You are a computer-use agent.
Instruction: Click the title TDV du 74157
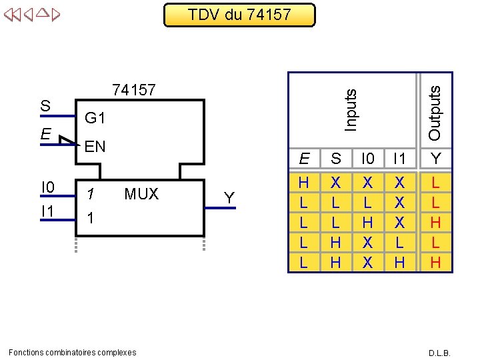(239, 14)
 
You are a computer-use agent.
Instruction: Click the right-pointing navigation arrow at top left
(55, 13)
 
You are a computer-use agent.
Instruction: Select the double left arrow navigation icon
(11, 13)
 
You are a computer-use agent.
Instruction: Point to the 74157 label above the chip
(134, 89)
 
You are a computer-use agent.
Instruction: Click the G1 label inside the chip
(95, 118)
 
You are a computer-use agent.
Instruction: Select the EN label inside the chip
(95, 147)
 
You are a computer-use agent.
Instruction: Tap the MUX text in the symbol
(141, 194)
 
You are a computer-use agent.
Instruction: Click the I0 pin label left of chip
(47, 187)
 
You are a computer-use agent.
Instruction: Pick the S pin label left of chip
(45, 106)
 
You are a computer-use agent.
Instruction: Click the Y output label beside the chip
(229, 198)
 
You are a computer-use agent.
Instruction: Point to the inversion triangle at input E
(65, 140)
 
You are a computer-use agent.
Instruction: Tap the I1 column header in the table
(399, 159)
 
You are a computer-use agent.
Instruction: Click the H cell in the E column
(303, 182)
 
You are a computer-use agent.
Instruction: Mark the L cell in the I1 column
(399, 243)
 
